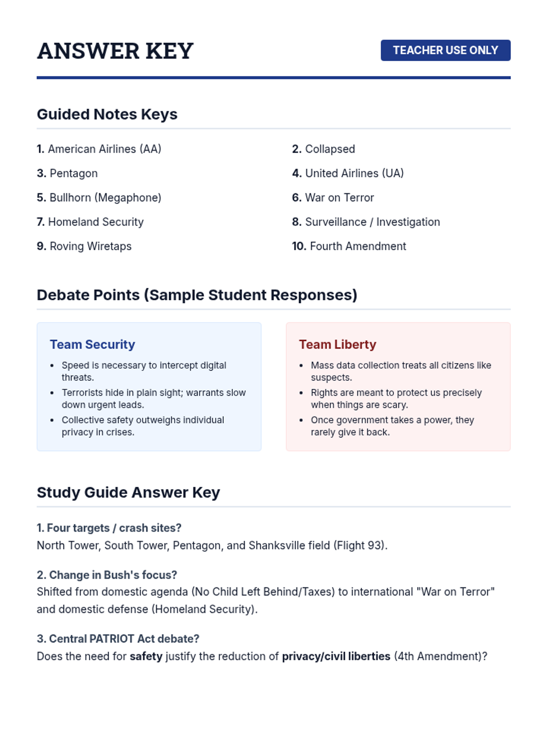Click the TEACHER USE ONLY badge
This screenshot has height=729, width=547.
pyautogui.click(x=445, y=50)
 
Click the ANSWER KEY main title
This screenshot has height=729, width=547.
pyautogui.click(x=115, y=51)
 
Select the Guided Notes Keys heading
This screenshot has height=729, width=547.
pyautogui.click(x=107, y=114)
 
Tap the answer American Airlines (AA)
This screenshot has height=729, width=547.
pyautogui.click(x=104, y=149)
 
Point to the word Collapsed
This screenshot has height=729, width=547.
pyautogui.click(x=330, y=149)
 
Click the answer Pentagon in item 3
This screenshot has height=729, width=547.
pyautogui.click(x=73, y=173)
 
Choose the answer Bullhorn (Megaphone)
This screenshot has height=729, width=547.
pyautogui.click(x=105, y=198)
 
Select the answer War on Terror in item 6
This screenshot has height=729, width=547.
pyautogui.click(x=339, y=198)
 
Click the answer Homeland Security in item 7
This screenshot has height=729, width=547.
pyautogui.click(x=96, y=222)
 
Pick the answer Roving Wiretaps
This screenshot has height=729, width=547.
pyautogui.click(x=90, y=246)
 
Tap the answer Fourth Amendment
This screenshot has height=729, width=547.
pyautogui.click(x=358, y=246)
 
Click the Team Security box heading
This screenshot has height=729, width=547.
pyautogui.click(x=93, y=344)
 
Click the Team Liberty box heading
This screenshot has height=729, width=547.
pyautogui.click(x=338, y=344)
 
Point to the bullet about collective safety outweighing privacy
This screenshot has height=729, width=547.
pyautogui.click(x=143, y=426)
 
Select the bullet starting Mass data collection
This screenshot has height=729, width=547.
pyautogui.click(x=401, y=371)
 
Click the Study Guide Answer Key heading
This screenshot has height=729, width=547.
pyautogui.click(x=129, y=493)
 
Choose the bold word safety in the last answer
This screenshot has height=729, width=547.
pyautogui.click(x=146, y=657)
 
